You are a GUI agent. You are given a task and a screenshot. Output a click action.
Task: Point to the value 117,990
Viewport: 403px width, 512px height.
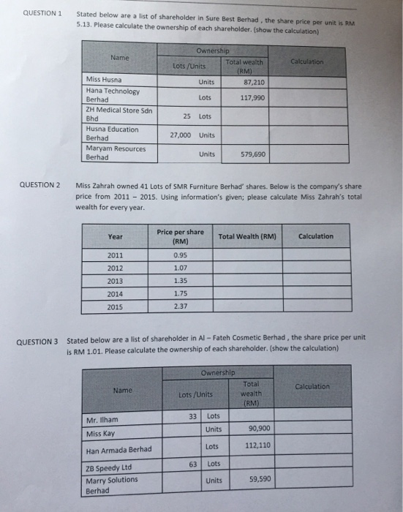(252, 96)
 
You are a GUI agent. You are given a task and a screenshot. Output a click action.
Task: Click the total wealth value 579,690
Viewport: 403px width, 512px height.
(252, 154)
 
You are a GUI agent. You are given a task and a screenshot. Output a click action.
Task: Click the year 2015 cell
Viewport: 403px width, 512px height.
(116, 306)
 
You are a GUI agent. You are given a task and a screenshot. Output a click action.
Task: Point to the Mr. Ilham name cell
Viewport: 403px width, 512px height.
(102, 421)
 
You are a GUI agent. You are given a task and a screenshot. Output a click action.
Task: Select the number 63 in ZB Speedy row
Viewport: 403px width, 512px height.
(194, 463)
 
